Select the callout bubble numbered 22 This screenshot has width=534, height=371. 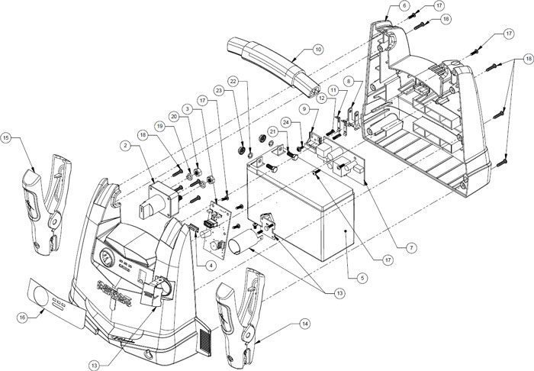pos(233,81)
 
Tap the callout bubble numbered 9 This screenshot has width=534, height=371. pos(304,110)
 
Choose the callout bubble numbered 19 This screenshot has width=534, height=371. pos(160,124)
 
